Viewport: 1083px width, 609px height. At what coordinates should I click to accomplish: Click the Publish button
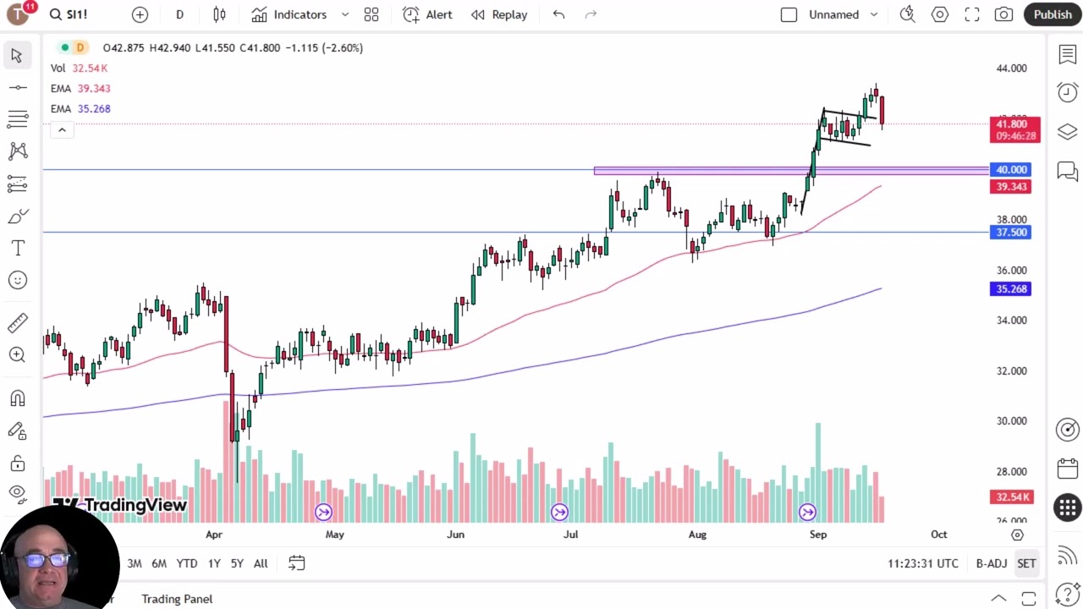(1052, 14)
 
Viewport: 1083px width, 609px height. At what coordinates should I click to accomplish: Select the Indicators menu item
(300, 14)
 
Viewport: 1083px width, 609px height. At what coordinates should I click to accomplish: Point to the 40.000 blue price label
(1010, 170)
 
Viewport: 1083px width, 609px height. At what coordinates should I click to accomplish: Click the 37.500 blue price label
(1010, 233)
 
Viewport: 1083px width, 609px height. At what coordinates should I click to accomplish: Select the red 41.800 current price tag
(1014, 124)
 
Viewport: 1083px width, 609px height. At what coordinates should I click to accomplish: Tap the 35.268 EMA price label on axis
(1010, 289)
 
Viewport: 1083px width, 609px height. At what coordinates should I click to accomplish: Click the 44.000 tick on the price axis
(1011, 69)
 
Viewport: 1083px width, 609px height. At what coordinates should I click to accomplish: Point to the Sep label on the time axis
(818, 535)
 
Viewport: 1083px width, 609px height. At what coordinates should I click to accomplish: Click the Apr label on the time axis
(213, 535)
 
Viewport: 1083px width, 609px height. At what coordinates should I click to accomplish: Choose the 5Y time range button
(237, 563)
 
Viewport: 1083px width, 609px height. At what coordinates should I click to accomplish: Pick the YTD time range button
(187, 563)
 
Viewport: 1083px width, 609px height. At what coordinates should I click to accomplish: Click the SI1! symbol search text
(77, 14)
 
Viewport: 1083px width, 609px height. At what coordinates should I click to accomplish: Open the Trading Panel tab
(177, 599)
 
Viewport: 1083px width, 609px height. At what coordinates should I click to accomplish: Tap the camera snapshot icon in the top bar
(1003, 14)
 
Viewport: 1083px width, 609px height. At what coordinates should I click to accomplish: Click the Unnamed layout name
(833, 14)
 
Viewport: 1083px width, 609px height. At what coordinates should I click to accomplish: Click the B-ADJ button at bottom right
(991, 563)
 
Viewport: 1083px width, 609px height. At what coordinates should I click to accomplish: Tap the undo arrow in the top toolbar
(558, 14)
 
